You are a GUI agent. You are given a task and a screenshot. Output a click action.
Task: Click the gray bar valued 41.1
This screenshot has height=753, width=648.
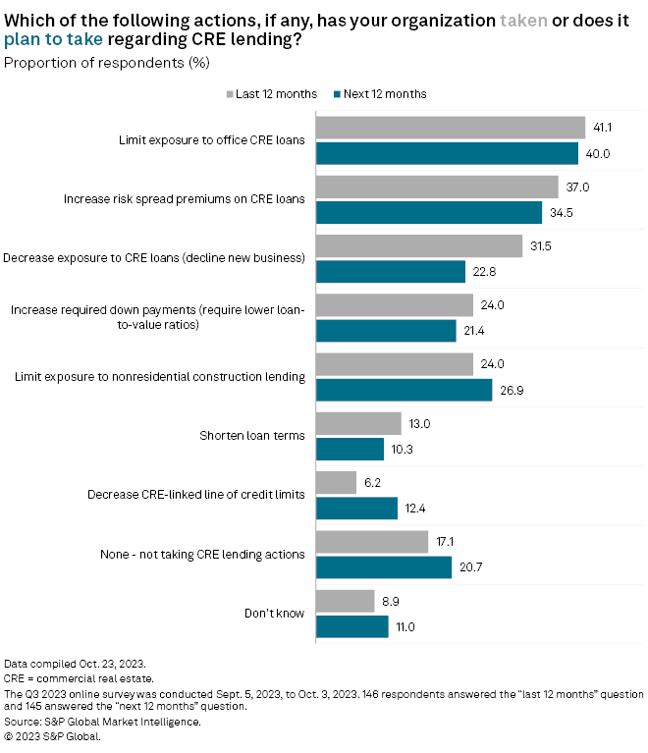click(x=451, y=128)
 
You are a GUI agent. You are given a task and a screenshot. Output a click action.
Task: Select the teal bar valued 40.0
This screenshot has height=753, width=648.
click(x=447, y=154)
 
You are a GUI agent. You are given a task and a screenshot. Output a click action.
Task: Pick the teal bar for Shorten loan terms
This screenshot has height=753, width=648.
click(x=350, y=449)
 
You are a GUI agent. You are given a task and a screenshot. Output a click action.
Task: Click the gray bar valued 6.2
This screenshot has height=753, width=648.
click(x=336, y=482)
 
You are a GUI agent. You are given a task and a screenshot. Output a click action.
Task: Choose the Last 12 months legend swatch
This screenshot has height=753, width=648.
click(x=230, y=94)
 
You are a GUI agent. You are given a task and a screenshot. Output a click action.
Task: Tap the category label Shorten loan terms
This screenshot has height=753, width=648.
click(x=252, y=436)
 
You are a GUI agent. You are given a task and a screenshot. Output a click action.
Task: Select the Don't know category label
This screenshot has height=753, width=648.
click(x=274, y=614)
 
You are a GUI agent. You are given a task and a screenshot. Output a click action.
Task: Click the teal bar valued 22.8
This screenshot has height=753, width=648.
click(x=390, y=272)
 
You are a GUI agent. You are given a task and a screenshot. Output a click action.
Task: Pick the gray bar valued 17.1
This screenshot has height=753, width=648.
click(x=372, y=541)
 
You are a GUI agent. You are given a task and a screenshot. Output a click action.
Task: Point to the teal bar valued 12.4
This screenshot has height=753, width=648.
click(x=356, y=508)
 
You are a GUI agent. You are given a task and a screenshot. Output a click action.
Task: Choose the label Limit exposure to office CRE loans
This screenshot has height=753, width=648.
click(x=210, y=140)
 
